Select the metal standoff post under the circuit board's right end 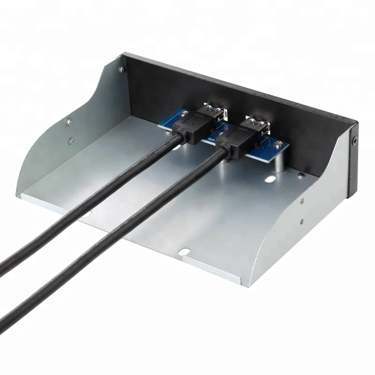[280, 164]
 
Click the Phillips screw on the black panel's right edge [355, 139]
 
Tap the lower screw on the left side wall [71, 140]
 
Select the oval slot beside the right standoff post [271, 180]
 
